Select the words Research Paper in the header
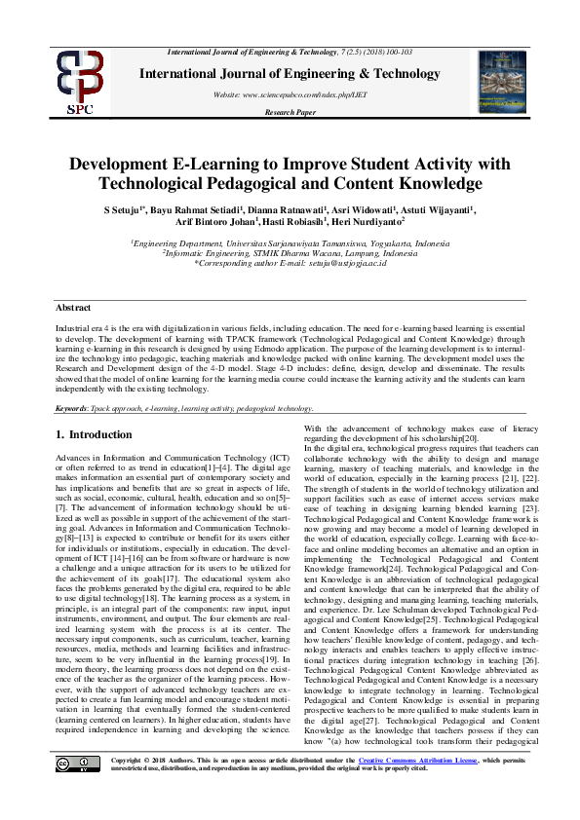click(290, 112)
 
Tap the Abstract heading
click(73, 308)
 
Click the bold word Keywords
click(74, 410)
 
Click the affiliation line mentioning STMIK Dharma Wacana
click(290, 252)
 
